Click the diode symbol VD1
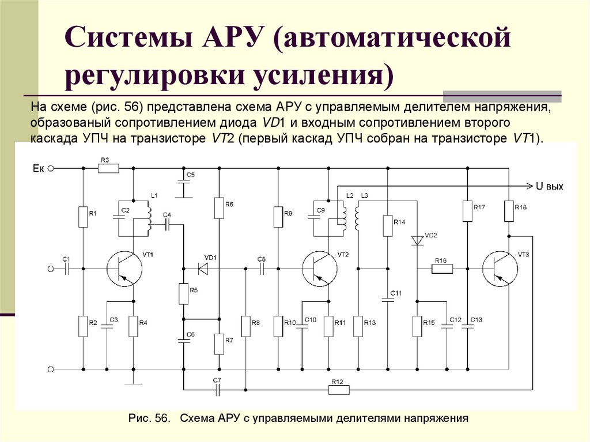202,268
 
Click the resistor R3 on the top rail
108,168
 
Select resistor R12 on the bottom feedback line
339,390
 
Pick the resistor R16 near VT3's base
442,269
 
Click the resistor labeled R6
219,208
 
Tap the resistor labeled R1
82,217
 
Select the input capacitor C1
66,268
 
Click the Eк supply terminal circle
51,168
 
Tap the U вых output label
549,186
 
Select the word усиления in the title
323,76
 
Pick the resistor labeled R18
509,211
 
